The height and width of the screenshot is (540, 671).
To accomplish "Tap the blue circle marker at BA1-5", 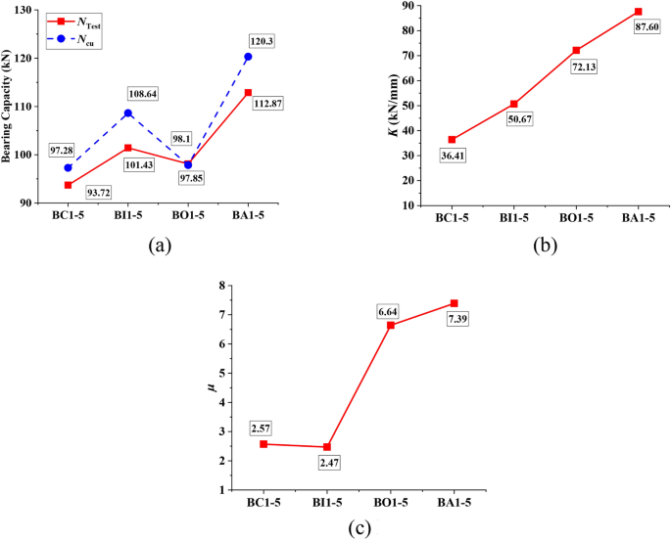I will tap(248, 57).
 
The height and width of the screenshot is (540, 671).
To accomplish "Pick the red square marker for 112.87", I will tap(248, 92).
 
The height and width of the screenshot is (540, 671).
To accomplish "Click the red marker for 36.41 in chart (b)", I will tap(452, 139).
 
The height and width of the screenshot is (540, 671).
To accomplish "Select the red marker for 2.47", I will tap(326, 447).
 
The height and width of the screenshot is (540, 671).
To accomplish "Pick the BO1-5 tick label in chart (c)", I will tap(390, 503).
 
